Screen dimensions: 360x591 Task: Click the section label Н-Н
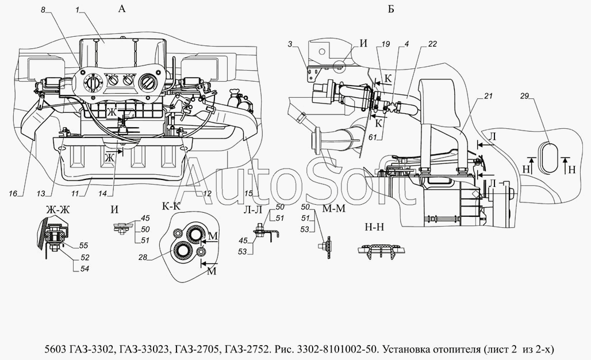tap(374, 226)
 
